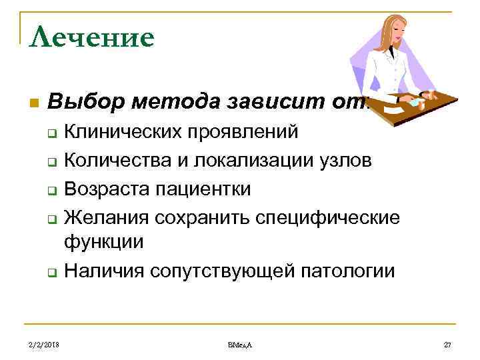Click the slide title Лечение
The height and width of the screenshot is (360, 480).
(92, 36)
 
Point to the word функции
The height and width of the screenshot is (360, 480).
(103, 242)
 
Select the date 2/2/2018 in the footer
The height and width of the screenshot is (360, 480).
(45, 344)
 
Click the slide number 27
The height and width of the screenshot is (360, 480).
(447, 344)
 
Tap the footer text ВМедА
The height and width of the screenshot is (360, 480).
(240, 344)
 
